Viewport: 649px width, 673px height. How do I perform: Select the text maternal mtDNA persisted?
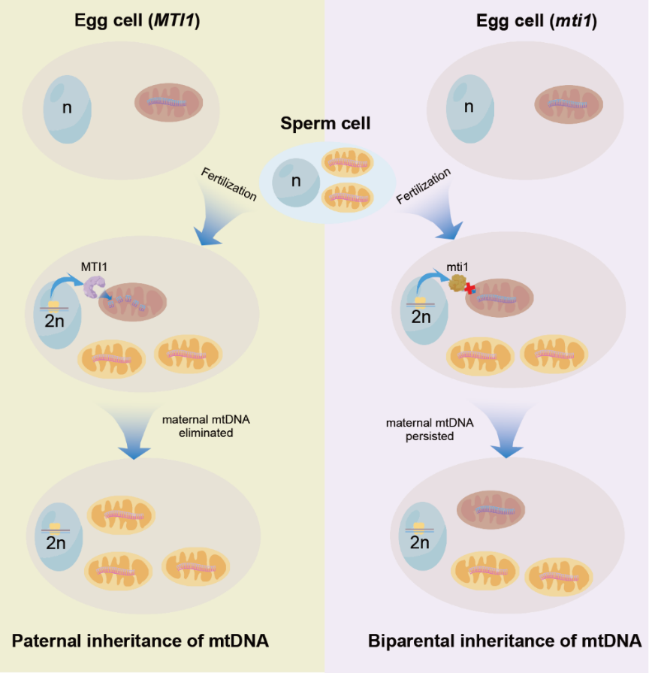(x=430, y=429)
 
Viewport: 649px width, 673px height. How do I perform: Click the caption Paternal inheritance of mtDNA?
(x=140, y=641)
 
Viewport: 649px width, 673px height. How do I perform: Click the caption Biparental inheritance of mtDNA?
(x=505, y=641)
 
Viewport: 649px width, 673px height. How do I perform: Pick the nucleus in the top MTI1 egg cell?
(x=67, y=107)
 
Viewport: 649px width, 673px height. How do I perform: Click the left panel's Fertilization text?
(x=228, y=185)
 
